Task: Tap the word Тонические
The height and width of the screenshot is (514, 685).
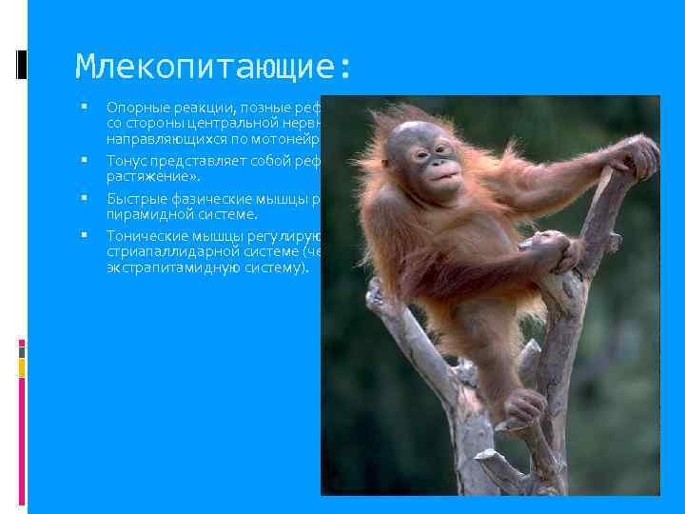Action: tap(146, 236)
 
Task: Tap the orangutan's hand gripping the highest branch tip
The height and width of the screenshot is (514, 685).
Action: tap(639, 155)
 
